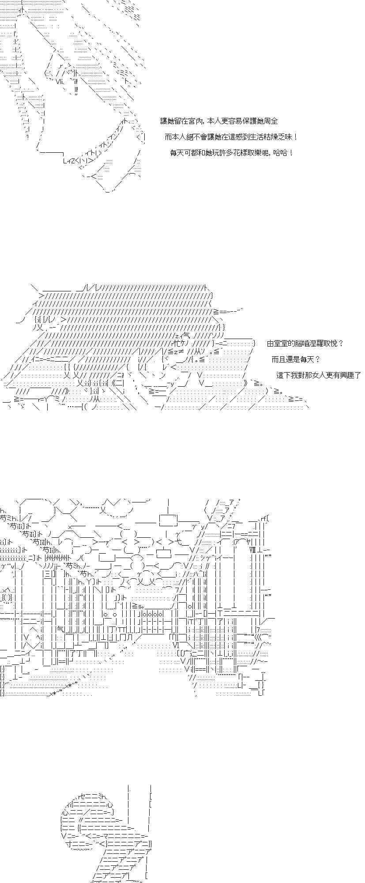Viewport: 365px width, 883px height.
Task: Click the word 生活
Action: tap(255, 137)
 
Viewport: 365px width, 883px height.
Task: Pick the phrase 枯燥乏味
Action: tap(278, 137)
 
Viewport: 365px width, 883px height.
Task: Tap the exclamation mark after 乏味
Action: tap(295, 137)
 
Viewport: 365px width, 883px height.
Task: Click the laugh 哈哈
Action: tap(279, 153)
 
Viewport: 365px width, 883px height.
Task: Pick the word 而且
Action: tap(278, 359)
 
